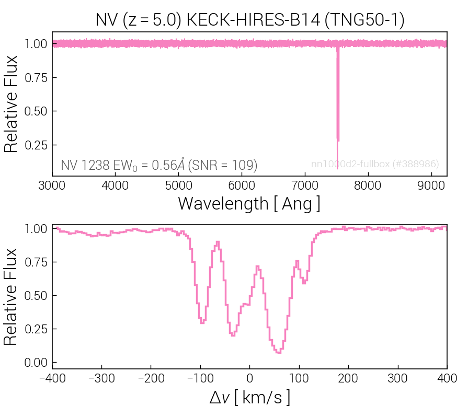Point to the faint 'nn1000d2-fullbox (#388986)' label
point(375,164)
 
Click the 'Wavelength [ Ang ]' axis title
point(249,203)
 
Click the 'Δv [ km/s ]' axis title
point(249,398)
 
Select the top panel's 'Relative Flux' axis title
point(12,104)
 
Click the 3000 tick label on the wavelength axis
point(52,185)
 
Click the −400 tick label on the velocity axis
point(52,378)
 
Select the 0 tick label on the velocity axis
point(249,378)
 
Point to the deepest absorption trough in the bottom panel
point(279,352)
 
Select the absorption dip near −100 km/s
point(202,321)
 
